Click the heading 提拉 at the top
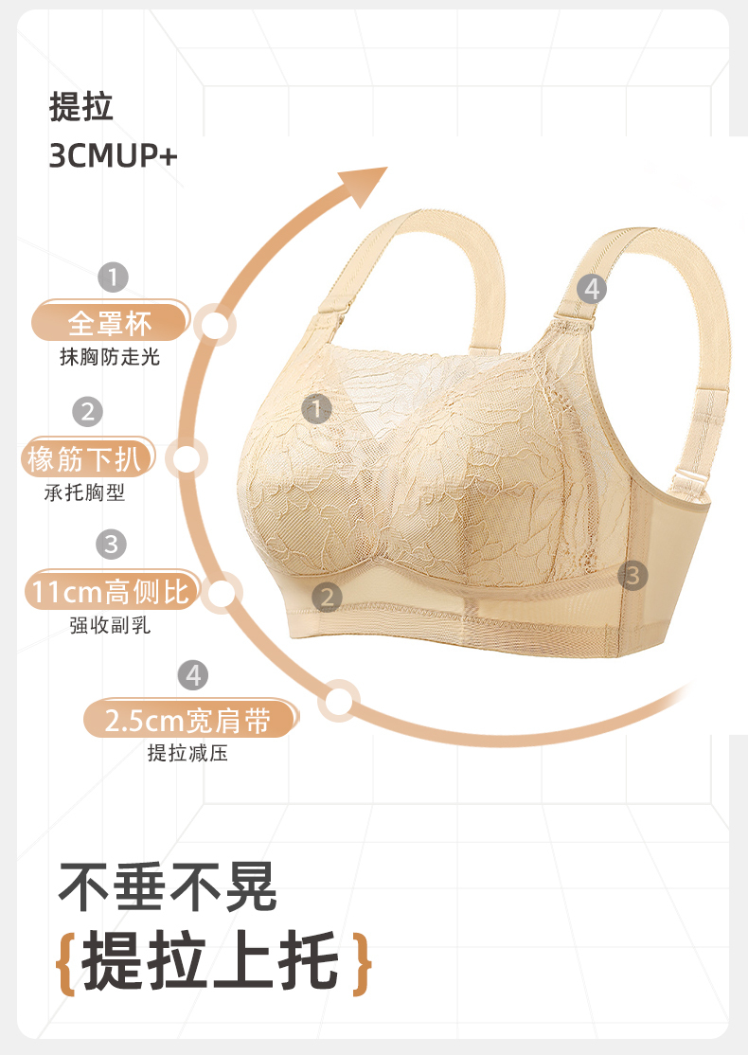coord(81,107)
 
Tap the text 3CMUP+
coord(113,155)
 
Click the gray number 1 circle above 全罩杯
coord(113,277)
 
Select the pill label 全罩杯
coord(110,323)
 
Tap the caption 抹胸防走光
coord(110,357)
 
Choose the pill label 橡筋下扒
coord(86,460)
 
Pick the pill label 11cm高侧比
coord(111,593)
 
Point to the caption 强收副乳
coord(110,626)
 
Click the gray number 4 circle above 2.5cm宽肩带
coord(193,675)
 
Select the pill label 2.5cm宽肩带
coord(188,722)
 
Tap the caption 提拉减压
coord(187,755)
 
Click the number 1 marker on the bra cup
coord(316,409)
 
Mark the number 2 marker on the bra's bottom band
coord(328,597)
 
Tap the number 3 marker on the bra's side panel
coord(632,574)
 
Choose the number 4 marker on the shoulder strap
coord(593,288)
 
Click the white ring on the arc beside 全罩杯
coord(216,326)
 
